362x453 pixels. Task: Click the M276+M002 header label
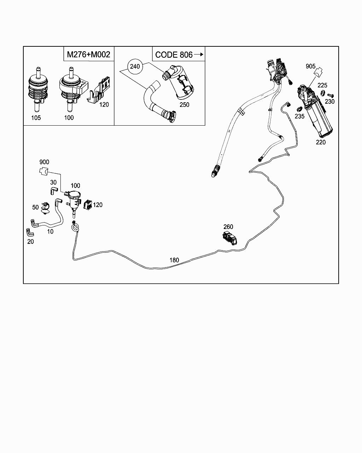pos(88,55)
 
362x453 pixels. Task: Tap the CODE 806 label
pos(174,55)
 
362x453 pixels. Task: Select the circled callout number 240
pos(135,66)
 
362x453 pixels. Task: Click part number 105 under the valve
pos(36,118)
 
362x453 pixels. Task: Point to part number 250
pos(185,105)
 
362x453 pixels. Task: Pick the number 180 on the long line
pos(174,260)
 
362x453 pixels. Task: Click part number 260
pos(228,227)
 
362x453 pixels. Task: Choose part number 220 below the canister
pos(321,142)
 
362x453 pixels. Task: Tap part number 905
pos(311,66)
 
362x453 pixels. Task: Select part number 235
pos(300,116)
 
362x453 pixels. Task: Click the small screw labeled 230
pos(330,95)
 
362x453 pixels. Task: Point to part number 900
pos(44,162)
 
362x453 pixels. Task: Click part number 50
pos(35,207)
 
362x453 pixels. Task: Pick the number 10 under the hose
pos(50,231)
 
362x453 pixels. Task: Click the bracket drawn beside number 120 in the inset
pos(100,91)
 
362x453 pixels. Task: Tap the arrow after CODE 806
pos(199,55)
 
